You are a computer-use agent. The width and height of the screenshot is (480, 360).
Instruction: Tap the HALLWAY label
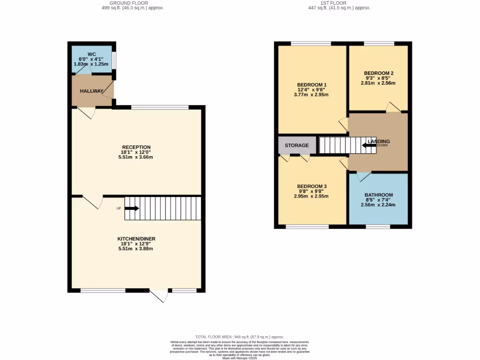tap(91, 91)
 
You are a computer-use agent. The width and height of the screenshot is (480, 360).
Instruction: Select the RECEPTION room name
tap(136, 147)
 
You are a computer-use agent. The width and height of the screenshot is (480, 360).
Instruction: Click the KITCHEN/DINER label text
tap(136, 239)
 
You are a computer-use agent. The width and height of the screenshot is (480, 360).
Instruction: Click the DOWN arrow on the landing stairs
tap(369, 145)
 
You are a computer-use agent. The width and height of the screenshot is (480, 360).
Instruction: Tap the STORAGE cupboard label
tap(297, 145)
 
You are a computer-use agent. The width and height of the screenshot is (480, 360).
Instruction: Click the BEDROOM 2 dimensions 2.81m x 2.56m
tap(378, 83)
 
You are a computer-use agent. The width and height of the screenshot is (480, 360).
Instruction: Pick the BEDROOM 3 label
tap(312, 186)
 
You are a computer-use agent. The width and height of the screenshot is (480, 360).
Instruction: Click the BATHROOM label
tap(379, 195)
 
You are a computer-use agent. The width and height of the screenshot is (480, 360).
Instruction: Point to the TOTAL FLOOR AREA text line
tap(240, 337)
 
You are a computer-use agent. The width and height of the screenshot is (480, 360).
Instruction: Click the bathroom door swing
tap(363, 177)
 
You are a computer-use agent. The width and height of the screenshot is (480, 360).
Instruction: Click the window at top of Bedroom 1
tap(310, 44)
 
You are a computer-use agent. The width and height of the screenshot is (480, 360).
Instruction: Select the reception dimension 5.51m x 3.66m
tap(136, 157)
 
